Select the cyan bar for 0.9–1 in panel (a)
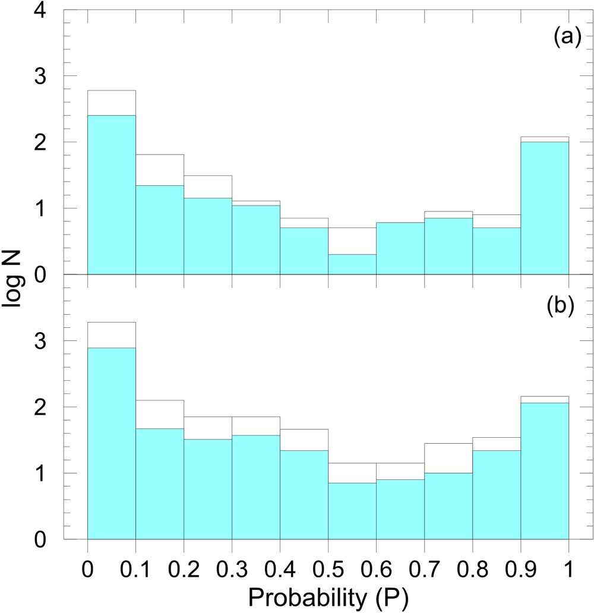coord(545,208)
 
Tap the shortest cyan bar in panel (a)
coord(352,264)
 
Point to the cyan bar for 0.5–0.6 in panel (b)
coord(352,511)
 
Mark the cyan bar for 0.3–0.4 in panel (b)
coord(255,487)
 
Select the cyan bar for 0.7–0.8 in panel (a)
coord(448,246)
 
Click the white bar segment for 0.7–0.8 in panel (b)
coord(448,458)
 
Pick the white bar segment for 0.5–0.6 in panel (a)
coord(352,241)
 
